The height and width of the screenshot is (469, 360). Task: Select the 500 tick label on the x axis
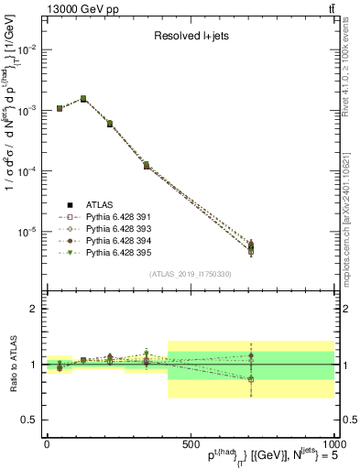pyautogui.click(x=190, y=442)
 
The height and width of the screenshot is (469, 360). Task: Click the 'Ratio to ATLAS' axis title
pyautogui.click(x=10, y=365)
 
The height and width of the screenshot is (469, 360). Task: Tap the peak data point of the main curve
pyautogui.click(x=83, y=98)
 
